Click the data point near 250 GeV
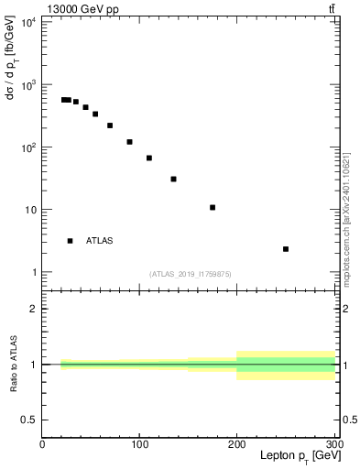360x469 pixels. click(286, 248)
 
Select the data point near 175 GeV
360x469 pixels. click(213, 207)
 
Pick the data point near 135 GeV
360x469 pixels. click(173, 179)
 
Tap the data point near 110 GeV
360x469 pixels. click(149, 158)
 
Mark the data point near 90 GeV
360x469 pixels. click(130, 142)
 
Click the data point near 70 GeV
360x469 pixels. click(110, 125)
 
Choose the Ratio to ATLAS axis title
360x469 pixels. click(13, 364)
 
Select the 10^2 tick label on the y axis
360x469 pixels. click(27, 147)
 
